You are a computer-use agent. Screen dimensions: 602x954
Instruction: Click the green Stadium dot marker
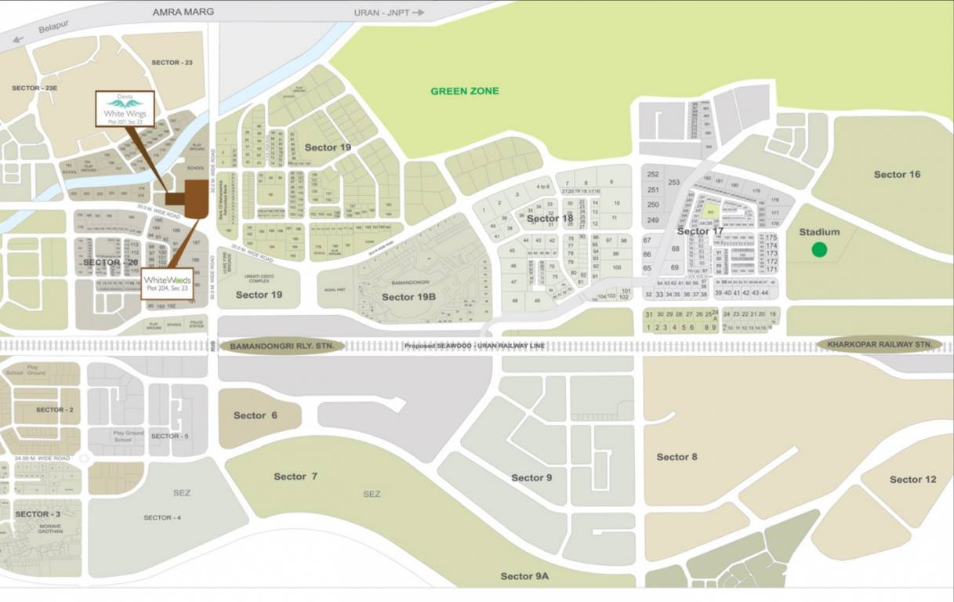(x=818, y=250)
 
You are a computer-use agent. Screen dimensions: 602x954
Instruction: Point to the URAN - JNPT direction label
(x=396, y=13)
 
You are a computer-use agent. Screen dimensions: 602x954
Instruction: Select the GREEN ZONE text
(x=464, y=91)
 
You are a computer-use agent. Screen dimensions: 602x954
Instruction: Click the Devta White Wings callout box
(x=125, y=109)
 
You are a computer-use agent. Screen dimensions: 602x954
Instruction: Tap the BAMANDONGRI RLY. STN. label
(x=282, y=346)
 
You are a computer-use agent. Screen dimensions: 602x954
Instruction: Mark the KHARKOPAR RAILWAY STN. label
(x=880, y=345)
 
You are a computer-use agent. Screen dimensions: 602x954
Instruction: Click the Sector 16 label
(x=897, y=174)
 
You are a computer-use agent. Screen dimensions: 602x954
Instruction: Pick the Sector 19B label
(x=408, y=297)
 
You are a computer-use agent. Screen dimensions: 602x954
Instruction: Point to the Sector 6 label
(x=255, y=415)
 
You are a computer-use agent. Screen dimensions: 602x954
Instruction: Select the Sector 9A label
(x=524, y=576)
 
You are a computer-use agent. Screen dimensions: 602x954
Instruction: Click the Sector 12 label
(x=912, y=479)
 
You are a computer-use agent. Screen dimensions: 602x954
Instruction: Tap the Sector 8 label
(x=677, y=457)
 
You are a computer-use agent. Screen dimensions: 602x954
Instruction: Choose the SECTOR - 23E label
(x=36, y=89)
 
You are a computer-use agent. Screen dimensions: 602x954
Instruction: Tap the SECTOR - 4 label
(x=162, y=517)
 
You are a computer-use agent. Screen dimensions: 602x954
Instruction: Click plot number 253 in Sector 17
(x=673, y=182)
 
